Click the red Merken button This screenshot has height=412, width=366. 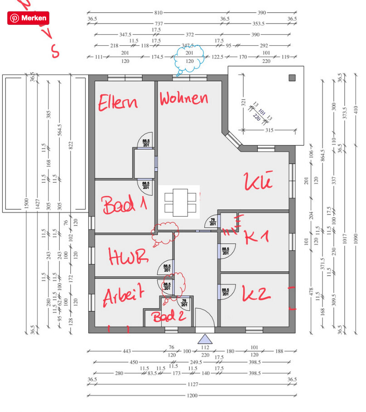[x=28, y=18]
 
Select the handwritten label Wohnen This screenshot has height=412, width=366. [x=184, y=98]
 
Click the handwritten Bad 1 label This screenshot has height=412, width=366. [x=125, y=205]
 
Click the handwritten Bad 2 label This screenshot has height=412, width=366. [x=169, y=316]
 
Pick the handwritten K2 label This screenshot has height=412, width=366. [x=256, y=294]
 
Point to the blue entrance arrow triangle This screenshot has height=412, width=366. [x=205, y=339]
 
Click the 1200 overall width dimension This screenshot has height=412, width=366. [x=193, y=396]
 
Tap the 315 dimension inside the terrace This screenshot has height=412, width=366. [x=270, y=130]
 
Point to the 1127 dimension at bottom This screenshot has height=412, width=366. [x=193, y=384]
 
